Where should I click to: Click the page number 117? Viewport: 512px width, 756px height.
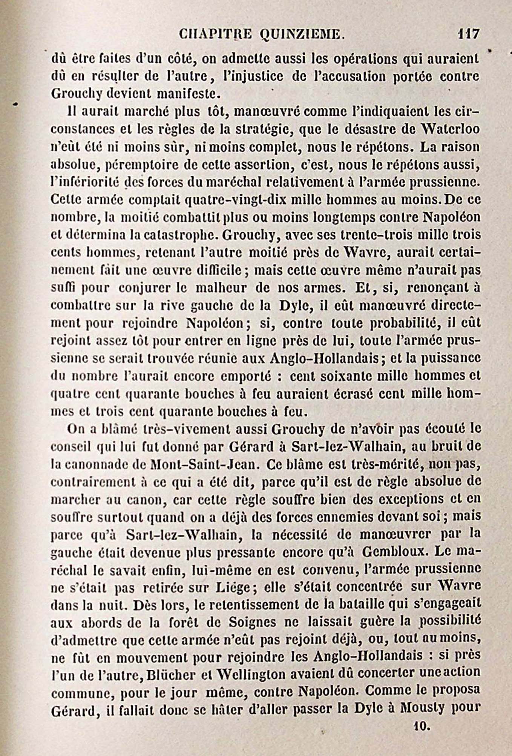click(x=468, y=34)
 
